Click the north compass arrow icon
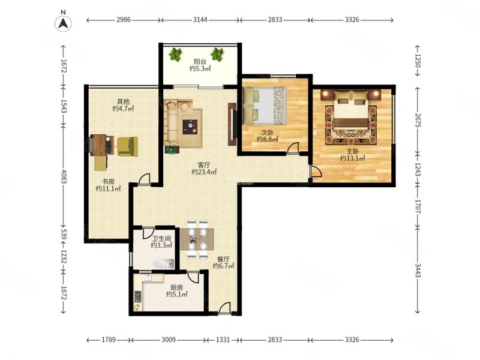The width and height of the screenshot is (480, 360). (63, 23)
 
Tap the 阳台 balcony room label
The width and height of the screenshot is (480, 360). (200, 61)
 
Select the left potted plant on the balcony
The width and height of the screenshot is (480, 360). (175, 54)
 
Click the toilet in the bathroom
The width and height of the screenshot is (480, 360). (163, 263)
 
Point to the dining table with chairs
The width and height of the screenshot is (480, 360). (197, 239)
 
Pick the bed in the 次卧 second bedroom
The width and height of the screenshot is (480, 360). (265, 106)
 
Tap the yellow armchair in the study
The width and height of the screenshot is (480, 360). (128, 146)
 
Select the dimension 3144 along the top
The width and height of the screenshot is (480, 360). (200, 20)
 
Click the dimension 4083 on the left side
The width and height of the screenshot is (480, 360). (64, 176)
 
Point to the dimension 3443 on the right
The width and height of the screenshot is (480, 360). (418, 269)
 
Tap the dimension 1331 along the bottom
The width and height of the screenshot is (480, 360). (223, 340)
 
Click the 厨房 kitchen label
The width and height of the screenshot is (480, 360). (176, 287)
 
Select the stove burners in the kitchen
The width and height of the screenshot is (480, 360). (138, 296)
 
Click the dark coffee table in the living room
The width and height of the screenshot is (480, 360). (190, 127)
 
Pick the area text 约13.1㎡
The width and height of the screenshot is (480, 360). (353, 158)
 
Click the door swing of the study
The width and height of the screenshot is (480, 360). (144, 179)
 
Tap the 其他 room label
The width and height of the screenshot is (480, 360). (123, 101)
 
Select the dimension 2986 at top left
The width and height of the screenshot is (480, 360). (124, 20)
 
